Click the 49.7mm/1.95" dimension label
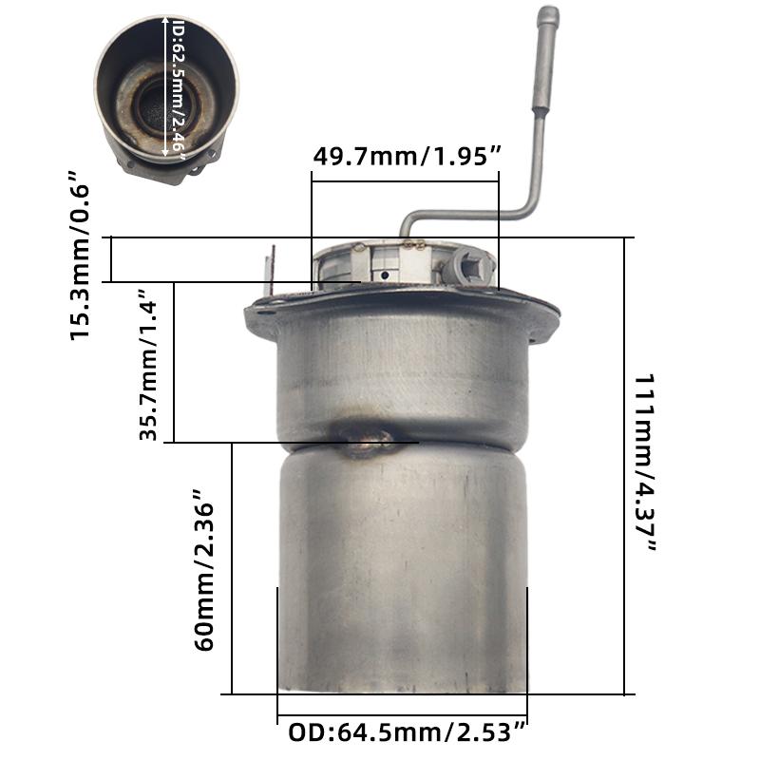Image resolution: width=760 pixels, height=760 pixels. point(407,157)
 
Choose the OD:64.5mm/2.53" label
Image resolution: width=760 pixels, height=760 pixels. point(407,733)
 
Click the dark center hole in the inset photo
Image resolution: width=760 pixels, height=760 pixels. point(157,109)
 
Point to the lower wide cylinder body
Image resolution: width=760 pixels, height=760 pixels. point(402,570)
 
